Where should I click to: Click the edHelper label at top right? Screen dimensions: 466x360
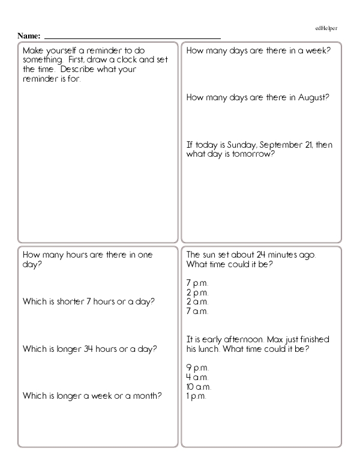[x=326, y=28]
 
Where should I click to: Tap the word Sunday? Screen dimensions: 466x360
[x=237, y=145]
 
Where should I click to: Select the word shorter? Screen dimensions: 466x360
[x=65, y=301]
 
